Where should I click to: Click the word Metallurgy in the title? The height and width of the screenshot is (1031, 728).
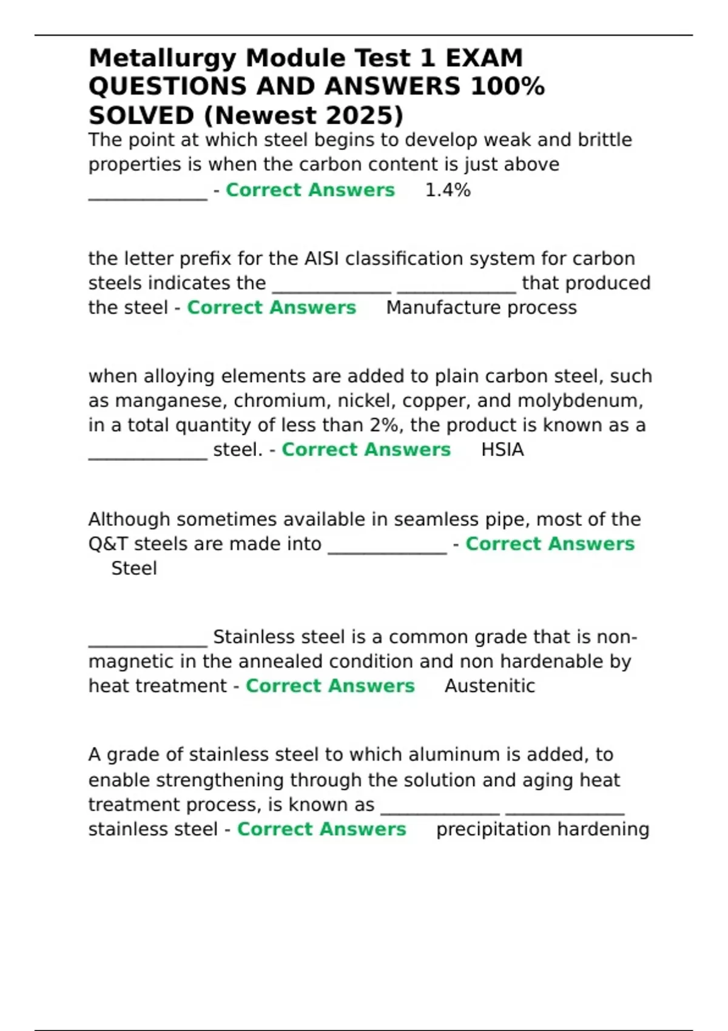point(162,59)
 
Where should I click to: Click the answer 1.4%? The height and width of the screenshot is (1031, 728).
point(448,190)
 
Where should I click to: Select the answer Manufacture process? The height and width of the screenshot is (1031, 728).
point(481,308)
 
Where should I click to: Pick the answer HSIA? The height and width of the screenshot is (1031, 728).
point(502,450)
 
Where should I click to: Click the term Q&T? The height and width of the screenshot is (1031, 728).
point(108,544)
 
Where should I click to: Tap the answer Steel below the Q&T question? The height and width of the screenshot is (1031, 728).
point(134,569)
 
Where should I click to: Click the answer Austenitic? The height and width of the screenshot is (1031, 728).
point(490,686)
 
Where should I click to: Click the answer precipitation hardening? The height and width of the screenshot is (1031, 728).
point(542,830)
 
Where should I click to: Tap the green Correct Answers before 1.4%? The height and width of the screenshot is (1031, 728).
point(310,190)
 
